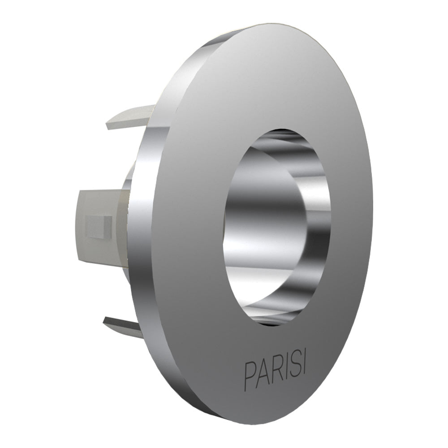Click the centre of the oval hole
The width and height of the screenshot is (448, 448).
point(278,226)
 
